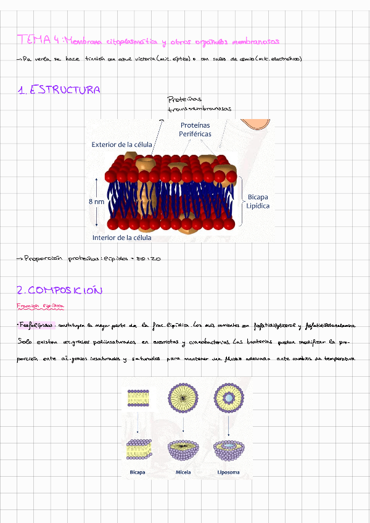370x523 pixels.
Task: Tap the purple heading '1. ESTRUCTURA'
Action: click(59, 91)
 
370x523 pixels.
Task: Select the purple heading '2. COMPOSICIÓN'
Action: click(59, 290)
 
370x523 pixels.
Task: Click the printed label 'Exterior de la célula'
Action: click(121, 145)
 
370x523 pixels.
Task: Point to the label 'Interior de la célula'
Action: click(121, 237)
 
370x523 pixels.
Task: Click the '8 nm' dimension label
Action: click(96, 202)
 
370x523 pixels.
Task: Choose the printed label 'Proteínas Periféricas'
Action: click(195, 130)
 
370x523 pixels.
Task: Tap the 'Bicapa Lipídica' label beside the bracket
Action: click(258, 202)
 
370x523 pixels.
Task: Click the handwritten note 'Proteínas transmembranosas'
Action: click(199, 104)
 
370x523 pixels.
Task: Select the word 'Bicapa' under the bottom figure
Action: click(138, 473)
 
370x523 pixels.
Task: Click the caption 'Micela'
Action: click(183, 473)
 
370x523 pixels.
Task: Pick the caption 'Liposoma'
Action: click(228, 473)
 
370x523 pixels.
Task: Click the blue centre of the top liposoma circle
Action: click(228, 399)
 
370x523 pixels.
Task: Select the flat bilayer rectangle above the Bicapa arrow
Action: click(138, 398)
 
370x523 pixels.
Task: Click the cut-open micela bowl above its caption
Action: click(183, 450)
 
